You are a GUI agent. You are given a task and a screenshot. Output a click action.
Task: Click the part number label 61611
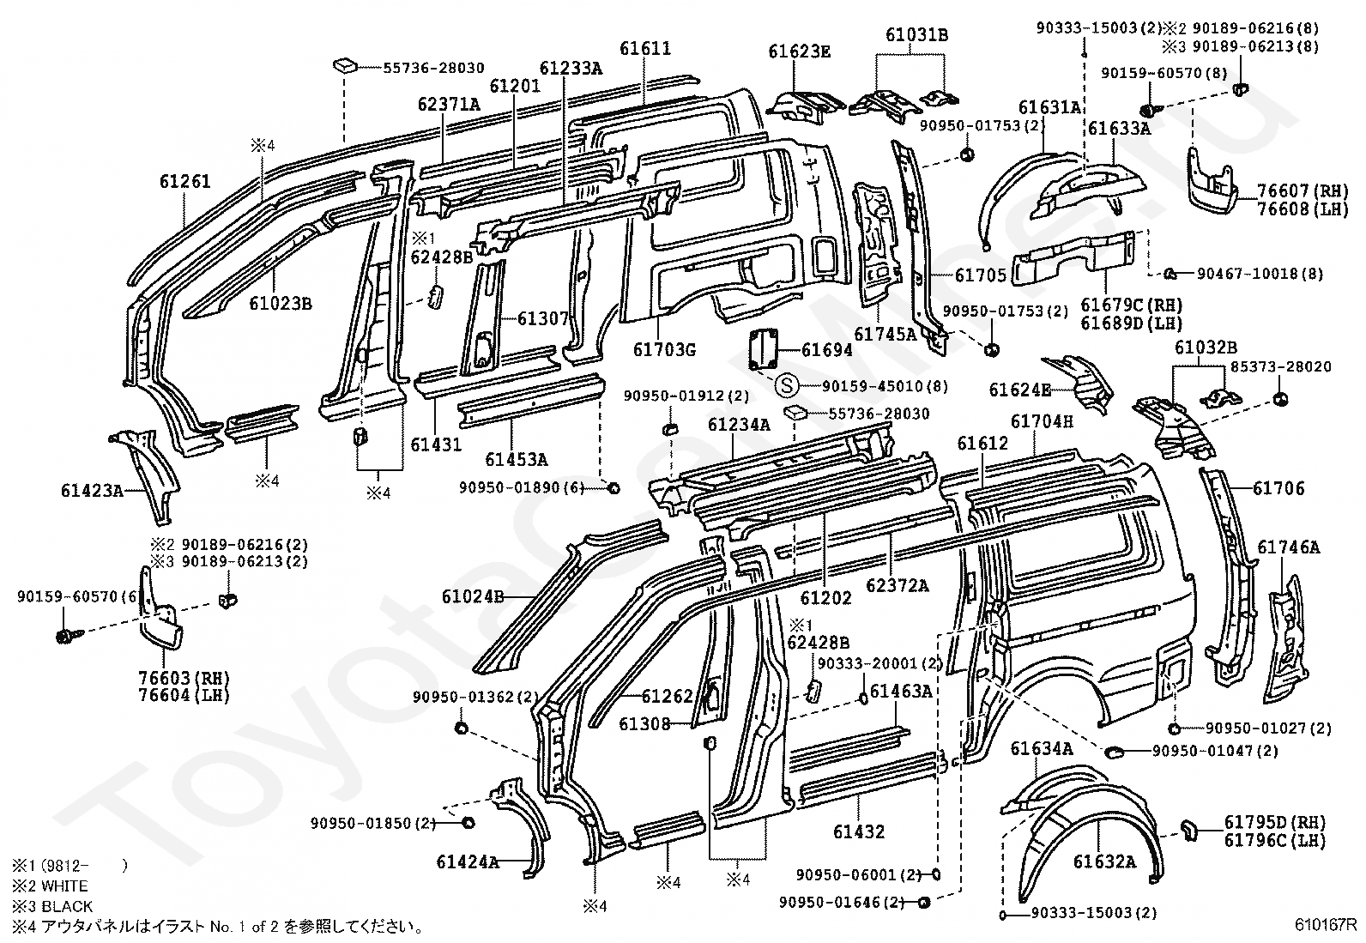[x=645, y=48]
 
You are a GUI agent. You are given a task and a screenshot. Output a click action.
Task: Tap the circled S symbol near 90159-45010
[x=787, y=385]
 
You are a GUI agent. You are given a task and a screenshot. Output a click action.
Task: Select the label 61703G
[x=664, y=349]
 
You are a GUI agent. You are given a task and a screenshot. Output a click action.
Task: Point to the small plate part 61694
[x=764, y=349]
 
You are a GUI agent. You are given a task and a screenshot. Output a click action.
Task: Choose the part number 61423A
[x=92, y=490]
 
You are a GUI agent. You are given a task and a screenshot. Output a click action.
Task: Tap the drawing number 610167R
[x=1326, y=925]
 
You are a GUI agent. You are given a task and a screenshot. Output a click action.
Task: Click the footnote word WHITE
[x=64, y=885]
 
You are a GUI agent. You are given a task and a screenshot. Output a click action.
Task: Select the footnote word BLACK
[x=66, y=906]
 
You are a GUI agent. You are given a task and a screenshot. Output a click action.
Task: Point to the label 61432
[x=859, y=831]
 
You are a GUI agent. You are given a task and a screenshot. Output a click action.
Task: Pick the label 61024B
[x=474, y=596]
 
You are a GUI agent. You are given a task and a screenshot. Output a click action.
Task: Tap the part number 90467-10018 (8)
[x=1260, y=274]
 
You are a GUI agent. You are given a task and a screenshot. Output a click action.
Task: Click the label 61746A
[x=1289, y=547]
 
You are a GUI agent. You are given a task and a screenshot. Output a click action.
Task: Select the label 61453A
[x=516, y=459]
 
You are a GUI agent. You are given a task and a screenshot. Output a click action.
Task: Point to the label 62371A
[x=449, y=105]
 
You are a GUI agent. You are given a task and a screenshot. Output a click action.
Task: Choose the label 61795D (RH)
[x=1275, y=822]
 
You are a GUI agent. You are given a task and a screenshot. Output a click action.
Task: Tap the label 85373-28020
[x=1280, y=366]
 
